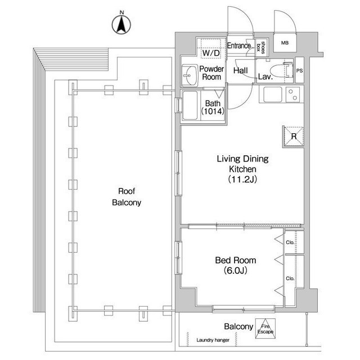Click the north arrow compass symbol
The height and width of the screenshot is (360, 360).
121,24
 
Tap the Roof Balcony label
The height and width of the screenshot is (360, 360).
127,197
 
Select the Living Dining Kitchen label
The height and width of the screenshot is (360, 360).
242,169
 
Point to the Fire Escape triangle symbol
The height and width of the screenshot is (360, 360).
265,328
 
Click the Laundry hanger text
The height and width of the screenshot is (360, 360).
213,340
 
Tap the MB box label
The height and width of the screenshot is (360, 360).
285,43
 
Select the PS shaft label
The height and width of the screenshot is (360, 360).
299,71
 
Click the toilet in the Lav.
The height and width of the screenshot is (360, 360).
281,70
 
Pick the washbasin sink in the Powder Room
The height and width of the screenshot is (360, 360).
190,75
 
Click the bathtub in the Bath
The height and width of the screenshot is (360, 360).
190,105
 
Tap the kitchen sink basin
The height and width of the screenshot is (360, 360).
272,94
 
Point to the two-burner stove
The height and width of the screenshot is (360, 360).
292,94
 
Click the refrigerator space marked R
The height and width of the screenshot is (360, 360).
294,136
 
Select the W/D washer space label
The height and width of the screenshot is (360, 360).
211,53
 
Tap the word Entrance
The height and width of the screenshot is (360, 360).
238,46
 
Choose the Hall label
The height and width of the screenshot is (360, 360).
240,70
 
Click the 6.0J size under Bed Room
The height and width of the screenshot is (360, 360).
236,271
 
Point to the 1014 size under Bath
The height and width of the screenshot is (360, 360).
213,111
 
